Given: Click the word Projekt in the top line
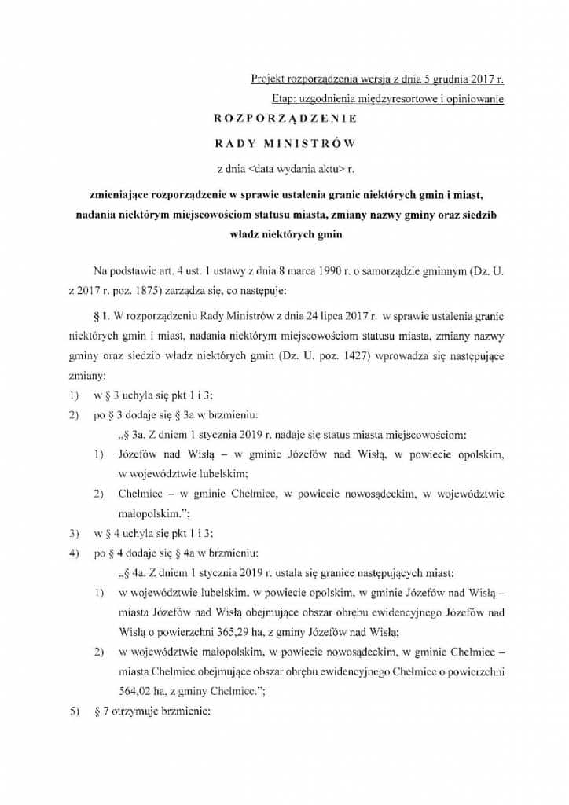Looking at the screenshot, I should point(266,79).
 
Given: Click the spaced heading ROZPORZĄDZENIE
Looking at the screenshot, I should point(285,119).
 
